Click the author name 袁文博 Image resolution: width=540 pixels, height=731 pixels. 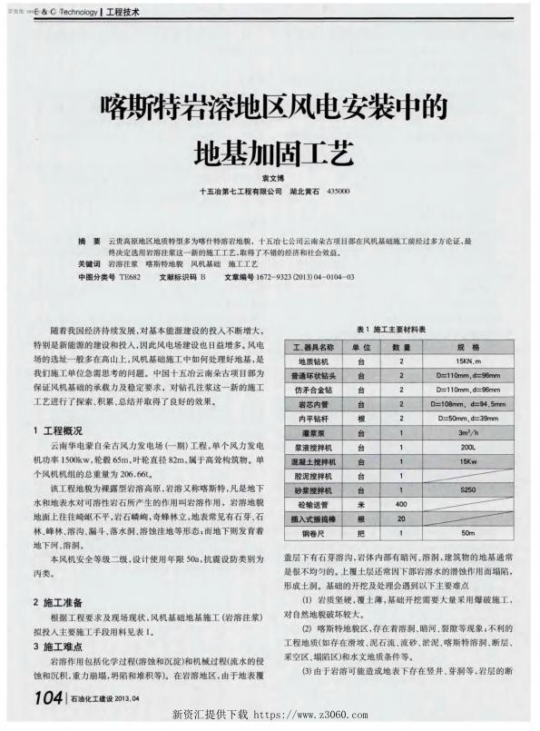[269, 178]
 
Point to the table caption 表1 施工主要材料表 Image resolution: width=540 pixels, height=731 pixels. [391, 328]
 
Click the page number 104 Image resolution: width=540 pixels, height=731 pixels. [44, 697]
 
